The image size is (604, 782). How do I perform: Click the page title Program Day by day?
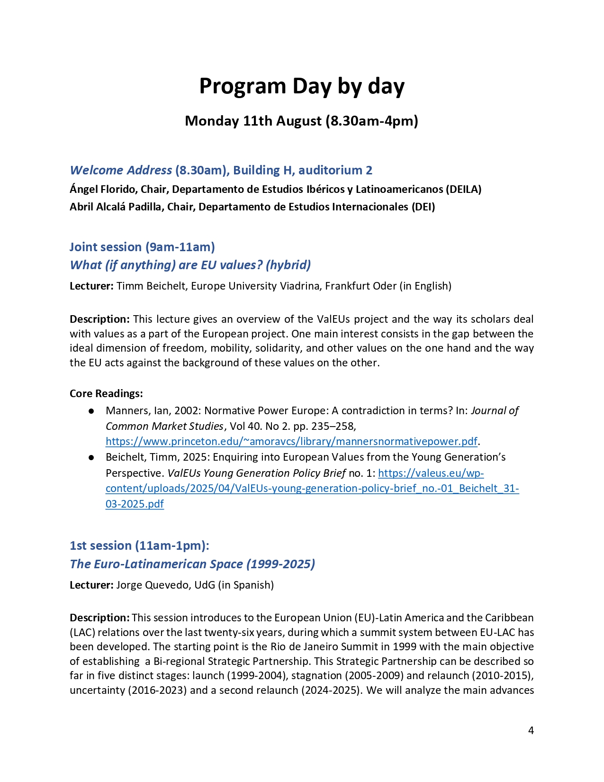(x=302, y=86)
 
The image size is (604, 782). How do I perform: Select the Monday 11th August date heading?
(x=301, y=121)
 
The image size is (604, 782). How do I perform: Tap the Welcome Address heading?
(x=121, y=170)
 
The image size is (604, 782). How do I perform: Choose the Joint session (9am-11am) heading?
(x=142, y=247)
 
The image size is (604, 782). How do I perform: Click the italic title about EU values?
(x=190, y=265)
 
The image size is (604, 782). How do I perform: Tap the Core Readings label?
(x=106, y=393)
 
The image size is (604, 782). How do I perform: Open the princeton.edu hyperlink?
(x=291, y=442)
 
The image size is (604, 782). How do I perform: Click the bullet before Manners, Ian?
(x=91, y=411)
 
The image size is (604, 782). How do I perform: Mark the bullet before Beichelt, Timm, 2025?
(x=91, y=457)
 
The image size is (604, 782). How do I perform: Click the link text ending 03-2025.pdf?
(x=135, y=504)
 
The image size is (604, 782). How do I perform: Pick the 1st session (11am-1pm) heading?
(x=139, y=546)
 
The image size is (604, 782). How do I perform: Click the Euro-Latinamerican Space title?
(x=192, y=564)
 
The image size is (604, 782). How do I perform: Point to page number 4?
(x=531, y=730)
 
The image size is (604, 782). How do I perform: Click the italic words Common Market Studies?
(x=164, y=426)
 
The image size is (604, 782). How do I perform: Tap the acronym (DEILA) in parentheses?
(x=463, y=190)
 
